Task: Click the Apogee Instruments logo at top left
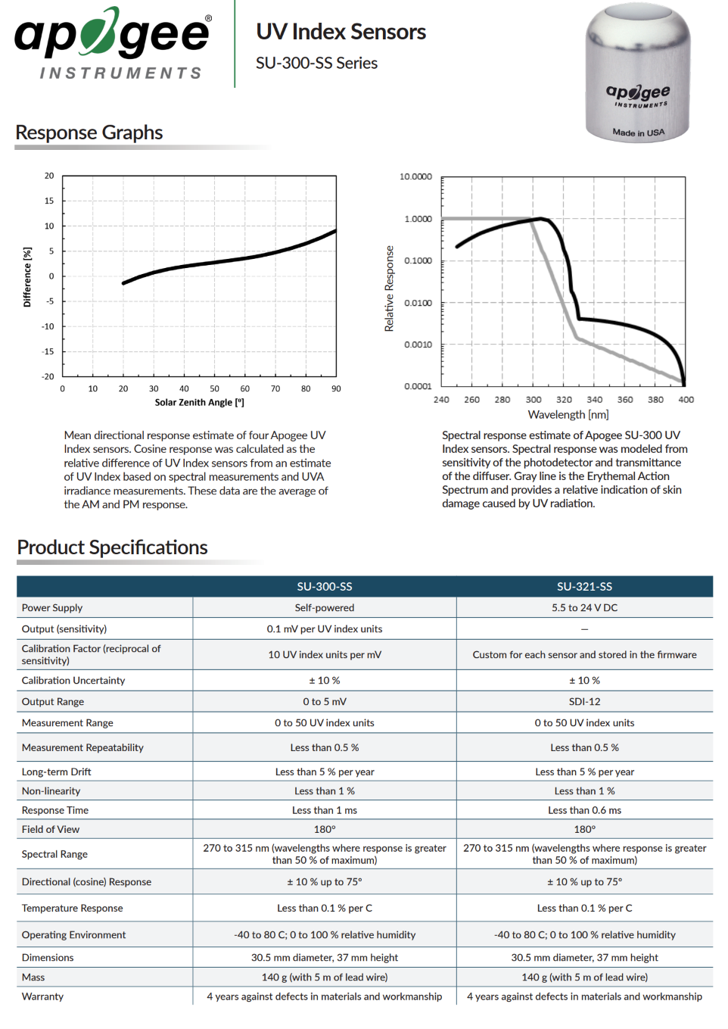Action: pyautogui.click(x=113, y=43)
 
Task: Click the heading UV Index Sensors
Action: pyautogui.click(x=341, y=32)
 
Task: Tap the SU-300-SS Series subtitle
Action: pyautogui.click(x=317, y=63)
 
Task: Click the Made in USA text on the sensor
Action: pyautogui.click(x=638, y=133)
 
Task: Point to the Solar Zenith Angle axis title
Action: pyautogui.click(x=199, y=402)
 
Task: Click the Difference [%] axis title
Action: pyautogui.click(x=27, y=277)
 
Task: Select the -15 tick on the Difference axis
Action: pyautogui.click(x=48, y=351)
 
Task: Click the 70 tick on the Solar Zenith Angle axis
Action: pyautogui.click(x=275, y=388)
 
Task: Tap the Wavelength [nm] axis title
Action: pyautogui.click(x=568, y=414)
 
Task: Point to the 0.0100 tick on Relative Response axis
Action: pyautogui.click(x=418, y=303)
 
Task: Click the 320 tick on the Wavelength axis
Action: pyautogui.click(x=564, y=400)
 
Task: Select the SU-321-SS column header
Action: pyautogui.click(x=584, y=586)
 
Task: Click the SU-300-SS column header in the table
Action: pyautogui.click(x=325, y=586)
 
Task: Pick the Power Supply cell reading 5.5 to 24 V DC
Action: pyautogui.click(x=584, y=607)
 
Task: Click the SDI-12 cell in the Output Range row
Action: pyautogui.click(x=584, y=701)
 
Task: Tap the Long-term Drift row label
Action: pyautogui.click(x=57, y=772)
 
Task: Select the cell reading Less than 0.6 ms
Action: pyautogui.click(x=584, y=810)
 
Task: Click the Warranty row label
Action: pyautogui.click(x=42, y=996)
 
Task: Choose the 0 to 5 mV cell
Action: pyautogui.click(x=325, y=701)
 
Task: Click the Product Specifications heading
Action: pyautogui.click(x=112, y=547)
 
